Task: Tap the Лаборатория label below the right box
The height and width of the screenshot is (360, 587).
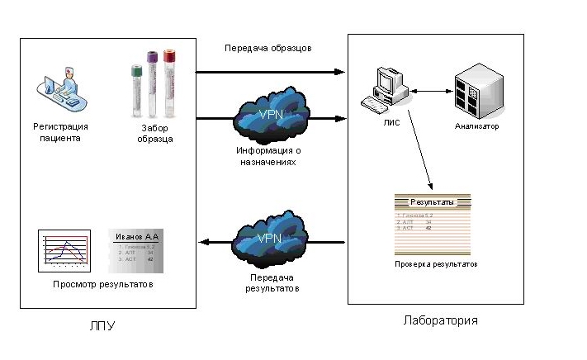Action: (x=440, y=320)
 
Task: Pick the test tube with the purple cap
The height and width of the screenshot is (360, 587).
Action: (x=153, y=83)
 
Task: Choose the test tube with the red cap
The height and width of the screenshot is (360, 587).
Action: (x=169, y=83)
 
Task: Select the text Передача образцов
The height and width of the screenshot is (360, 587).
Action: (x=268, y=47)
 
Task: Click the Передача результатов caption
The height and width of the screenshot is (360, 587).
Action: (x=272, y=283)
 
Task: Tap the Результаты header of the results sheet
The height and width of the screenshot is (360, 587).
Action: (x=432, y=201)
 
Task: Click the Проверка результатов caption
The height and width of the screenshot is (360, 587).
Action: (x=435, y=264)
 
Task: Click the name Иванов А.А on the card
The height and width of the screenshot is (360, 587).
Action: (x=138, y=237)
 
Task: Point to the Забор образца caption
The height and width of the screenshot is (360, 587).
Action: (x=155, y=134)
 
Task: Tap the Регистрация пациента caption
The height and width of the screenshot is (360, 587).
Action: (x=60, y=132)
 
